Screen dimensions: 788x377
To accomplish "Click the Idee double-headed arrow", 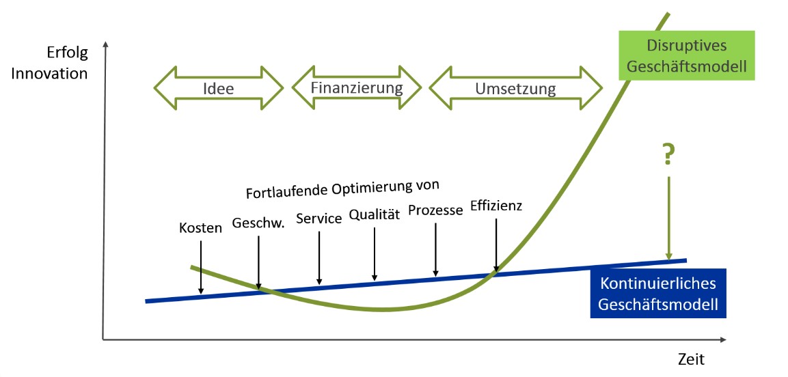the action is (219, 88).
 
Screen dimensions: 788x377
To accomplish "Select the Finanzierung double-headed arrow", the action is (357, 87).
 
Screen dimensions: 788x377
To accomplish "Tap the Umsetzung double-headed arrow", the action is (515, 88).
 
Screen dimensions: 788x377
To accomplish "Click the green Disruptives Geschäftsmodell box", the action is (686, 55).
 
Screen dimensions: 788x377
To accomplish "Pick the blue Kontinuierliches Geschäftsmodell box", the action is (658, 294).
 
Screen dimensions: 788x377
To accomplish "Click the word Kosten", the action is (200, 228).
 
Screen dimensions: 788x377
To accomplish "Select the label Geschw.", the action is (258, 223).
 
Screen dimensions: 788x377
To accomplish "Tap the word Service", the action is (319, 219).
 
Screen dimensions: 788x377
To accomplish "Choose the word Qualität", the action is (375, 215).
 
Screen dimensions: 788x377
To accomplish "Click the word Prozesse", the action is (435, 210).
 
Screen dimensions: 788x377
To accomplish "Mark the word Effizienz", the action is (496, 206).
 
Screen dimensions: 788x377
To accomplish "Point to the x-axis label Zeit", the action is (691, 359).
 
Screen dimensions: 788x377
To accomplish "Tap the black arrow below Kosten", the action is (200, 267).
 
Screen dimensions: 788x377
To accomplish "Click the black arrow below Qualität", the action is (375, 254).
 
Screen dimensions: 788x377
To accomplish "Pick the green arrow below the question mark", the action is (668, 218).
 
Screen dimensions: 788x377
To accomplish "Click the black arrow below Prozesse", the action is (435, 249).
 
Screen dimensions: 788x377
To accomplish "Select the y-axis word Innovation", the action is (49, 73).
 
